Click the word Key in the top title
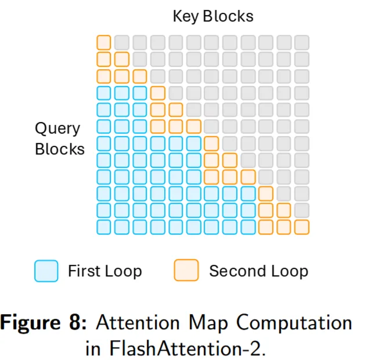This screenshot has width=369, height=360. click(186, 17)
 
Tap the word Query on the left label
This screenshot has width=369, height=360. click(57, 129)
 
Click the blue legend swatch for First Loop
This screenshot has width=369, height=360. click(46, 271)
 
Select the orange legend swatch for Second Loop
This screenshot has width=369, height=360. click(186, 270)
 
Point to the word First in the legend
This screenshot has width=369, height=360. click(84, 271)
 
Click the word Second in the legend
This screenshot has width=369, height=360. click(238, 271)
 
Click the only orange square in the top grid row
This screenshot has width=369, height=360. click(104, 42)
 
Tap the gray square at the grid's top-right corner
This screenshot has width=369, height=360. click(302, 42)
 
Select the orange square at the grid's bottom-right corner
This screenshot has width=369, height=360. click(302, 227)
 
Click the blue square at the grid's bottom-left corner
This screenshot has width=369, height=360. click(104, 227)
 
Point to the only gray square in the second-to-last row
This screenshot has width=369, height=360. click(302, 210)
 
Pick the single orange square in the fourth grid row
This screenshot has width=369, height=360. click(158, 93)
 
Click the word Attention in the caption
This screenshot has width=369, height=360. click(138, 323)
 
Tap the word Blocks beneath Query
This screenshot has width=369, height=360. click(60, 149)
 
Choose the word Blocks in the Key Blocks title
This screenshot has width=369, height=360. click(228, 16)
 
